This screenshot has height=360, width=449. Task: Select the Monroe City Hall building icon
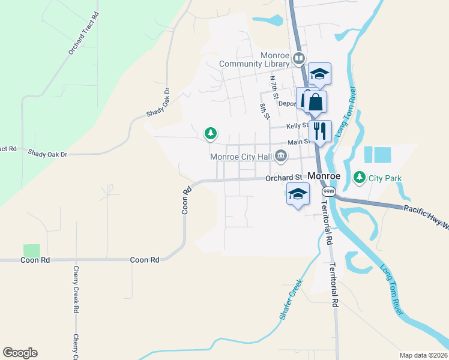280,157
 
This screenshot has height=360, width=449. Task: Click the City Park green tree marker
360,177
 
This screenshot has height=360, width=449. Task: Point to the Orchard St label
283,178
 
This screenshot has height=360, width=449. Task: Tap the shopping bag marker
316,102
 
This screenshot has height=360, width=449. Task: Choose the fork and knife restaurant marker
320,131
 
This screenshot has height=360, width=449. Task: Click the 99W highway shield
328,191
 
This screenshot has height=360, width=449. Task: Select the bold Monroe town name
324,176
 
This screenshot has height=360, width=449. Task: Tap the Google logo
20,353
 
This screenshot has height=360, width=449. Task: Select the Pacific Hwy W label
425,209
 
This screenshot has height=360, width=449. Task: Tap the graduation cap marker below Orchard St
298,194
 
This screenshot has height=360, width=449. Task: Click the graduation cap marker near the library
320,74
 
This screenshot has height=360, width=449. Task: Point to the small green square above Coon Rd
31,251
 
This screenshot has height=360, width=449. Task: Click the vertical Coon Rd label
187,200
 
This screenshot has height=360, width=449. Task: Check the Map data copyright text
423,355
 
